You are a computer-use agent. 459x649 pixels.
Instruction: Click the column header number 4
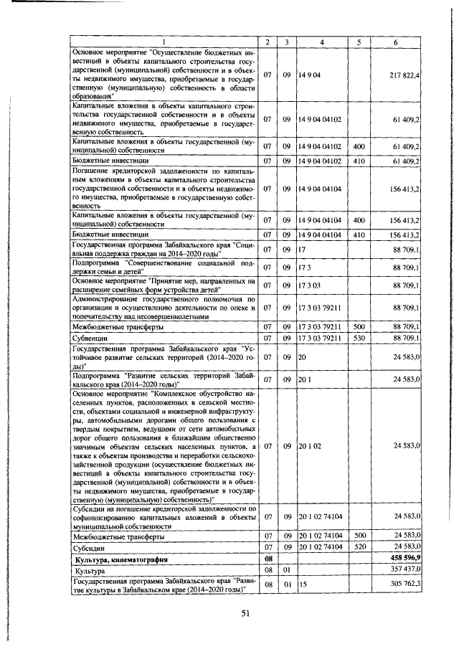tap(322, 43)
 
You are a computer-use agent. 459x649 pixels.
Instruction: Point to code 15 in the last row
tap(303, 584)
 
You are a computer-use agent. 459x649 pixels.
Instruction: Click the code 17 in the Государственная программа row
tap(302, 250)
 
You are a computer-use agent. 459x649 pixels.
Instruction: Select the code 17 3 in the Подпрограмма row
tap(305, 267)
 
